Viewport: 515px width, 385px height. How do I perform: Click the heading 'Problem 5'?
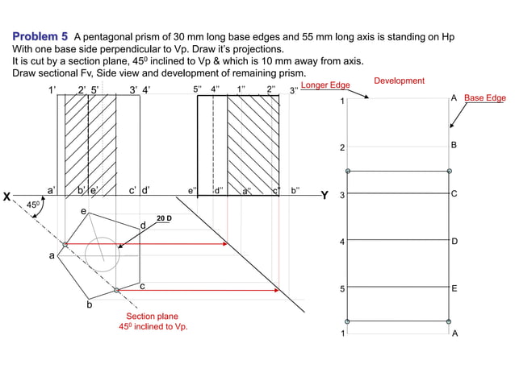(40, 37)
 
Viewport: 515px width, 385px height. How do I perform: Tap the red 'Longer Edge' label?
(326, 85)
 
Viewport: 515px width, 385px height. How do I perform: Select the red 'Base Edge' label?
(484, 98)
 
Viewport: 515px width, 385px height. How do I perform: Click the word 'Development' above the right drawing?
(400, 81)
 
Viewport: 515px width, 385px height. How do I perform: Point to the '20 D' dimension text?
(164, 218)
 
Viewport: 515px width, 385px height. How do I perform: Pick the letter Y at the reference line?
(324, 196)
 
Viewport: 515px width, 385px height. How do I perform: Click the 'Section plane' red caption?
(152, 317)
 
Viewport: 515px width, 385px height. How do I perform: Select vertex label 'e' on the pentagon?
(83, 211)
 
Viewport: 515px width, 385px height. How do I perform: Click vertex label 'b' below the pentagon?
(90, 304)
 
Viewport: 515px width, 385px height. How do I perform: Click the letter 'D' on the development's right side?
(454, 241)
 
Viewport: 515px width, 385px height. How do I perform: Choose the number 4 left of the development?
(342, 242)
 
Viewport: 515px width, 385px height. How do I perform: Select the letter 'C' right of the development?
(454, 194)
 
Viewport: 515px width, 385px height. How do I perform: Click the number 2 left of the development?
(342, 148)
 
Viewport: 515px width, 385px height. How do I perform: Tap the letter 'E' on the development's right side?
(454, 288)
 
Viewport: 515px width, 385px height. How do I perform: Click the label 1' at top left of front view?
(53, 90)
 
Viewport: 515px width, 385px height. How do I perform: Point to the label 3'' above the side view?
(295, 90)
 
